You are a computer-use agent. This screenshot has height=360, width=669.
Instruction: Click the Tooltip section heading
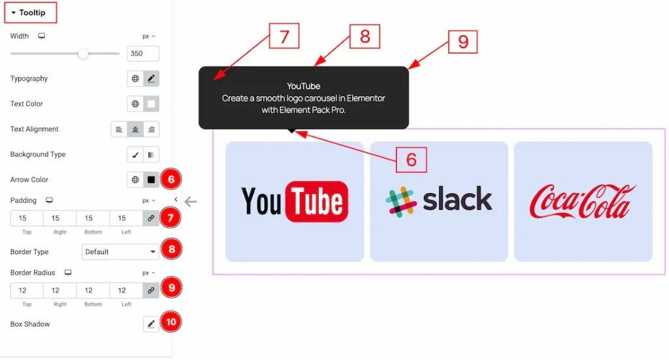coord(32,12)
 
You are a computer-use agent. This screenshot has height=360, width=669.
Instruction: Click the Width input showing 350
coord(143,54)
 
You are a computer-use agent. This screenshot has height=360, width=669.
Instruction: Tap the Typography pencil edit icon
coord(152,78)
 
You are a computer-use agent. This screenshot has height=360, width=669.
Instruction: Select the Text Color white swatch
coord(152,104)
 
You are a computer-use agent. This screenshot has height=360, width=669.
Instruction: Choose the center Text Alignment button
coord(135,129)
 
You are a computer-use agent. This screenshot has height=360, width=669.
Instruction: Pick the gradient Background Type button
coord(152,155)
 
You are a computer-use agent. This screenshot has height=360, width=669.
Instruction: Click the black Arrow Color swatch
coord(152,180)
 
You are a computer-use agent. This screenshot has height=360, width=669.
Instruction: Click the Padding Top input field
coord(27,218)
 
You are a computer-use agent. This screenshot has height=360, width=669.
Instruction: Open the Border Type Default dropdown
coord(121,252)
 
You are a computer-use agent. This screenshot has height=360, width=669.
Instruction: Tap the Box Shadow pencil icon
coord(151,324)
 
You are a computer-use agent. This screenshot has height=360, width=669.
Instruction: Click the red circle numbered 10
coord(171,322)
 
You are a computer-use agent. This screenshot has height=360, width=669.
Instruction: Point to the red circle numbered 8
coord(171,249)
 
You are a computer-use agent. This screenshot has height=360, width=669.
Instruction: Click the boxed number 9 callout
coord(463,42)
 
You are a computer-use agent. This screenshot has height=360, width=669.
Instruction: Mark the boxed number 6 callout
coord(411,160)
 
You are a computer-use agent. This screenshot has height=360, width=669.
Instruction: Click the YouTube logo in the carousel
coord(295,201)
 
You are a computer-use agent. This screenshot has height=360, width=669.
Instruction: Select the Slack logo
coord(439,201)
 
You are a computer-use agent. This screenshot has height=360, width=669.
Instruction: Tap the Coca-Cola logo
coord(583,201)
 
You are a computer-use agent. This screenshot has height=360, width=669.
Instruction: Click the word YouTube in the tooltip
coord(303,86)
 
